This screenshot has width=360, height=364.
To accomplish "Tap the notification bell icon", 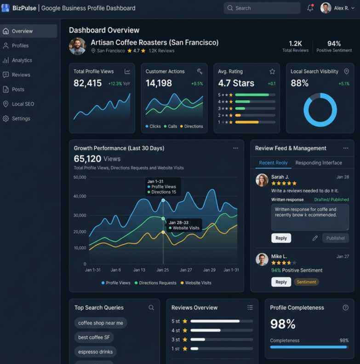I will (310, 8).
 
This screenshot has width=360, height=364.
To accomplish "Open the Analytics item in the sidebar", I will (22, 60).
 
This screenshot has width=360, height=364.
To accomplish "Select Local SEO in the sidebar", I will (23, 104).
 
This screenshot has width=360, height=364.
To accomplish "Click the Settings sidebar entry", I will (21, 118).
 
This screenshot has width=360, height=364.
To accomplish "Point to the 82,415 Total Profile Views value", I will (88, 83).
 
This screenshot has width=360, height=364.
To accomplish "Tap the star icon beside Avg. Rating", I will (272, 71).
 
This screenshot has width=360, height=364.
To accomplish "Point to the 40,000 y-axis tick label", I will (80, 196).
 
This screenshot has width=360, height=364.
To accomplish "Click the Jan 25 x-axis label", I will (162, 270).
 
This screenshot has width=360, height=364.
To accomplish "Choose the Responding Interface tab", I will (319, 163).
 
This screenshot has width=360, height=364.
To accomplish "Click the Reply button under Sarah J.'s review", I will (281, 238).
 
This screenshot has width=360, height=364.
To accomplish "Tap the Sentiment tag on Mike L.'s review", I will (306, 282).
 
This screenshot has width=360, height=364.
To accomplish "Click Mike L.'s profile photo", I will (262, 260).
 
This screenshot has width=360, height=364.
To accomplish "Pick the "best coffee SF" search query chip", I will (94, 337).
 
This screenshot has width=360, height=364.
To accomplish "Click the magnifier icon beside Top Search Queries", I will (151, 307).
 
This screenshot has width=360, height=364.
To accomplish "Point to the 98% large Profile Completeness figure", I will (283, 324).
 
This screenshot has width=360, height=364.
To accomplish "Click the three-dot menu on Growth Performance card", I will (235, 148).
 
